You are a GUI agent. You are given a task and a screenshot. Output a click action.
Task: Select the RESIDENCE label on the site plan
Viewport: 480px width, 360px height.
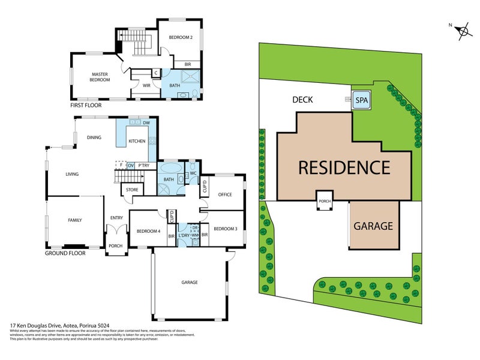[x=344, y=167]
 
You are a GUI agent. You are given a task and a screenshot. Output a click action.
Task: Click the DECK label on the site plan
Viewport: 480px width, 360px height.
[x=303, y=100]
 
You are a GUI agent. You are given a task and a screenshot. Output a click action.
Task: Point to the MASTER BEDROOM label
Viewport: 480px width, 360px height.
[x=100, y=77]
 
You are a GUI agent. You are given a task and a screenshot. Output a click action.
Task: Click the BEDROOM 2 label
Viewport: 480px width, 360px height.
[x=180, y=38]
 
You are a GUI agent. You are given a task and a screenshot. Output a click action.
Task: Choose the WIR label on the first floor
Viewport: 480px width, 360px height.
[x=146, y=85]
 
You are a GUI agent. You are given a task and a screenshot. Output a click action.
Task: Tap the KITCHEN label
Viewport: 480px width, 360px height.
[x=137, y=141]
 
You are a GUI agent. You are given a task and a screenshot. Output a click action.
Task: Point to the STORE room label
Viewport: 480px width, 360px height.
[x=132, y=190]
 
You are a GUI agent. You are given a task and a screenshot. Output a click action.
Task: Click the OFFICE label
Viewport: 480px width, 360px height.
[x=225, y=194]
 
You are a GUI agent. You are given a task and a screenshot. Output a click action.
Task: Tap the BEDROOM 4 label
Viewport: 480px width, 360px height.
[x=148, y=231]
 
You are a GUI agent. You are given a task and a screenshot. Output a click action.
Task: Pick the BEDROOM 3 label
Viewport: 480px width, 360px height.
[x=225, y=229]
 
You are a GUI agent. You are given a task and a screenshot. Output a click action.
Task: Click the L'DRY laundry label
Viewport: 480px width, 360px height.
[x=184, y=236]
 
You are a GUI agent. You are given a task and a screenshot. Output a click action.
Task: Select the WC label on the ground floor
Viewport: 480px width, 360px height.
[x=193, y=174]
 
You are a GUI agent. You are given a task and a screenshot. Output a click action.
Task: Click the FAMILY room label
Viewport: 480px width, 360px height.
[x=74, y=220]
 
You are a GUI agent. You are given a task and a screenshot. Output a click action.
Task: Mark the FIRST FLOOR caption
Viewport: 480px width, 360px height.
[x=86, y=105]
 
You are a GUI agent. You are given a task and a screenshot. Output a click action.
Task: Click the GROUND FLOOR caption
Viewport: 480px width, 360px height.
[x=65, y=253]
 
